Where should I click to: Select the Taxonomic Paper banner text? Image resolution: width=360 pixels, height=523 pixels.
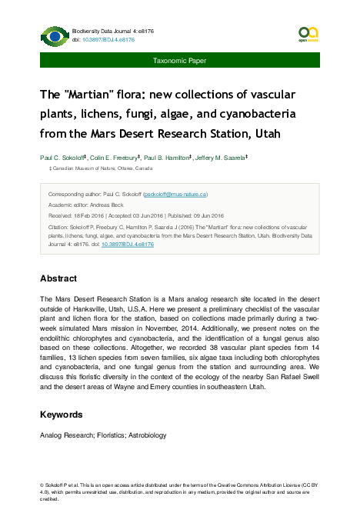point(179,59)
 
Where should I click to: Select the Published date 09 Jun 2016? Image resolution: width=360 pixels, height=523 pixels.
point(205,216)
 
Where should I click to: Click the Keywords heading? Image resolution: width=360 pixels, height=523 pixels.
point(62,415)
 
